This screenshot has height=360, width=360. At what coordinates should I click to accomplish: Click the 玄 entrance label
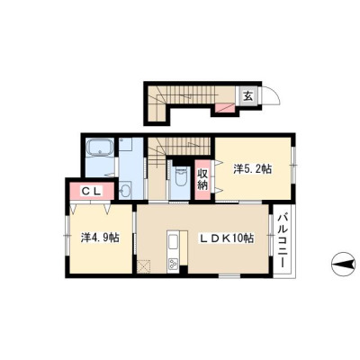[x=248, y=96]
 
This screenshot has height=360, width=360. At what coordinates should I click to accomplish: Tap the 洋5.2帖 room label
[x=253, y=169]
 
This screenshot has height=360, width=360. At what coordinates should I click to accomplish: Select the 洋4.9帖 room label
[x=100, y=238]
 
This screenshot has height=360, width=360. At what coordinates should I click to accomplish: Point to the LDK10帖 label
[x=227, y=238]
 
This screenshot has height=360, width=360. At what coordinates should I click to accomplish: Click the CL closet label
[x=92, y=191]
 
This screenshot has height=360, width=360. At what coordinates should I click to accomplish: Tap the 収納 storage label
[x=202, y=180]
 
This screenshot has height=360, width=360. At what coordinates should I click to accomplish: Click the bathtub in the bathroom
[x=100, y=147]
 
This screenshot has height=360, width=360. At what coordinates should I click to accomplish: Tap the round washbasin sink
[x=125, y=190]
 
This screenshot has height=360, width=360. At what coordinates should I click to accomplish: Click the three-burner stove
[x=173, y=263]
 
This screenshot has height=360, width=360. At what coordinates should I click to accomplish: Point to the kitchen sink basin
[x=173, y=242]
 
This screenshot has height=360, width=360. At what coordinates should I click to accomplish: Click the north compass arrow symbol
[x=345, y=265]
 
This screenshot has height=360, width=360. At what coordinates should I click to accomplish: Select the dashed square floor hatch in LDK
[x=144, y=265]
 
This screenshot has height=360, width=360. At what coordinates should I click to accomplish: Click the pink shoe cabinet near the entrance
[x=225, y=107]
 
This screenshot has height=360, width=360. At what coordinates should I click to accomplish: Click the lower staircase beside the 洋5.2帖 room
[x=178, y=146]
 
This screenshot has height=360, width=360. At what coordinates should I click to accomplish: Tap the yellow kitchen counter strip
[x=184, y=247]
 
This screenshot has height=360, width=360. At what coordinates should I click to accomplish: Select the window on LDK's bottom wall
[x=229, y=275]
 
